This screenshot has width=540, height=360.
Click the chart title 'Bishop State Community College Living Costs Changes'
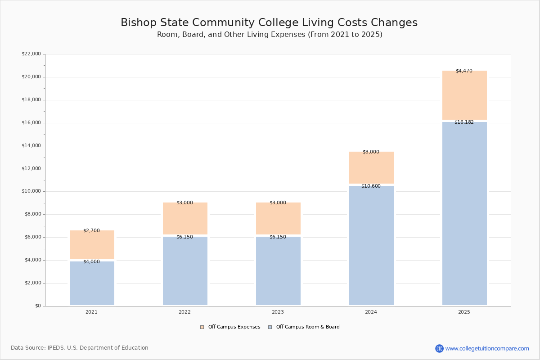coord(269,23)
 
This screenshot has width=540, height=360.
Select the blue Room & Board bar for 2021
coord(92,283)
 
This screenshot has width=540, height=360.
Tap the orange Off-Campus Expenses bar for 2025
coord(464,95)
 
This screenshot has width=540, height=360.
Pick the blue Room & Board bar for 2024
coord(371,245)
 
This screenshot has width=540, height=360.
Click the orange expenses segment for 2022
coord(185,219)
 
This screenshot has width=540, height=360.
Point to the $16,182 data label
coord(464,122)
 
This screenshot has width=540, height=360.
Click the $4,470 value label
coord(464,71)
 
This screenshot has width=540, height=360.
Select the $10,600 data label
coord(371,186)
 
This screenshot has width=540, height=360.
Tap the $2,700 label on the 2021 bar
coord(91,231)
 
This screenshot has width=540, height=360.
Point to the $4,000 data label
coord(91,262)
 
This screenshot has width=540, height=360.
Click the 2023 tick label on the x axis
coord(278,312)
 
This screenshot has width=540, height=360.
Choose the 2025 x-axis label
coord(464,312)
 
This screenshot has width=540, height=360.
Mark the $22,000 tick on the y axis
coord(31,54)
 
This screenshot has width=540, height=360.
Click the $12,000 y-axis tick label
coord(31,169)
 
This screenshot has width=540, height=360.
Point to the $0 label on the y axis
coord(37,306)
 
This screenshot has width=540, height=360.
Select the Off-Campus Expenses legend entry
coord(230,327)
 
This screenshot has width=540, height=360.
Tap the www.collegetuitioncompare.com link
coord(487,348)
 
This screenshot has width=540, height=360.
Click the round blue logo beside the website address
coord(439,348)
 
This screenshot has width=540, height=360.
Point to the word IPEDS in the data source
coord(56,348)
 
